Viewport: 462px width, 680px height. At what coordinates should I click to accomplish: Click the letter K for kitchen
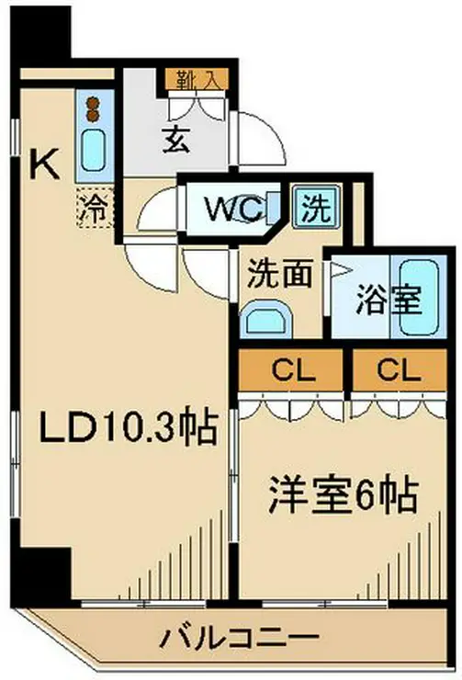[44, 164]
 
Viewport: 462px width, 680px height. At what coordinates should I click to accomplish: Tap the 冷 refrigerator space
[95, 208]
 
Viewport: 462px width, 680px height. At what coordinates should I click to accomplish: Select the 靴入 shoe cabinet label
[197, 79]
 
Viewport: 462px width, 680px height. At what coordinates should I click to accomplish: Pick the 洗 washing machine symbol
[316, 207]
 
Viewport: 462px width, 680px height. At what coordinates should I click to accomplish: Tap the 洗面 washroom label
[279, 274]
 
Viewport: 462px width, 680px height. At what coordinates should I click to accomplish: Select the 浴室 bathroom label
[389, 300]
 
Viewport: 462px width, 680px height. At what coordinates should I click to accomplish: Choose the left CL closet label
[293, 370]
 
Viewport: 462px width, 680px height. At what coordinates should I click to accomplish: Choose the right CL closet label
[399, 370]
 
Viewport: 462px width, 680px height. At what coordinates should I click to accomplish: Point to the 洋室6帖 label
[344, 495]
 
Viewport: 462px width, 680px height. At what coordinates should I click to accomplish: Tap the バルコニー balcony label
[241, 638]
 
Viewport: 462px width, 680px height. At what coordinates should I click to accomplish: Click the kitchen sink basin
[94, 151]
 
